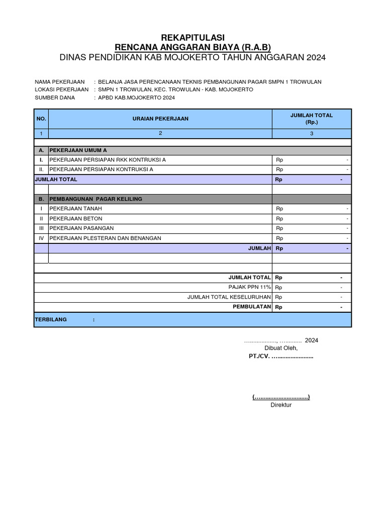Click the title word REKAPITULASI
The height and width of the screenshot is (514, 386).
[x=193, y=38]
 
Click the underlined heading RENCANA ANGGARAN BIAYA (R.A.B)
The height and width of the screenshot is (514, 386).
[x=193, y=47]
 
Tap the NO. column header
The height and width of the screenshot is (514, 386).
[x=41, y=118]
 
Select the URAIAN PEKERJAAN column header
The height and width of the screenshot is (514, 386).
[x=160, y=118]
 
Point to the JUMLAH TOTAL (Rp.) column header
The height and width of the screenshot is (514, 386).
[x=312, y=118]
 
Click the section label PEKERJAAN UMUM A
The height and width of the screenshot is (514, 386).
[x=78, y=150]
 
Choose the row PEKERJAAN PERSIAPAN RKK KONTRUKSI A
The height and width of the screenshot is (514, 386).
[x=108, y=160]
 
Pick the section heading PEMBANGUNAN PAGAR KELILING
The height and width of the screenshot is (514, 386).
[x=95, y=199]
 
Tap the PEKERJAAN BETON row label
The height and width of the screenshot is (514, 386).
[x=76, y=218]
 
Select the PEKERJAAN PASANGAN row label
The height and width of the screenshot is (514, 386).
[x=81, y=228]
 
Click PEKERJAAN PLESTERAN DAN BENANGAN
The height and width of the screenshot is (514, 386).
[x=105, y=238]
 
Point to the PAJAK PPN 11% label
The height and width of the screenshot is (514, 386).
[x=250, y=287]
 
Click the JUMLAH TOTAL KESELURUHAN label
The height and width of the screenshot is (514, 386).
[x=229, y=297]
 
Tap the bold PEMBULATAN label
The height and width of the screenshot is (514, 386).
[x=252, y=307]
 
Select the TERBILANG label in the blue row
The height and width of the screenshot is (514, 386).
[x=50, y=320]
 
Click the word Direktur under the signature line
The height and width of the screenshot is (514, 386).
[x=281, y=405]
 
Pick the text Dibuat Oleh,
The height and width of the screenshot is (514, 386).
[x=281, y=348]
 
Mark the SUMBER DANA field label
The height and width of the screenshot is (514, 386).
[x=55, y=97]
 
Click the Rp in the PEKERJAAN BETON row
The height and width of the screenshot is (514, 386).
[x=279, y=218]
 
